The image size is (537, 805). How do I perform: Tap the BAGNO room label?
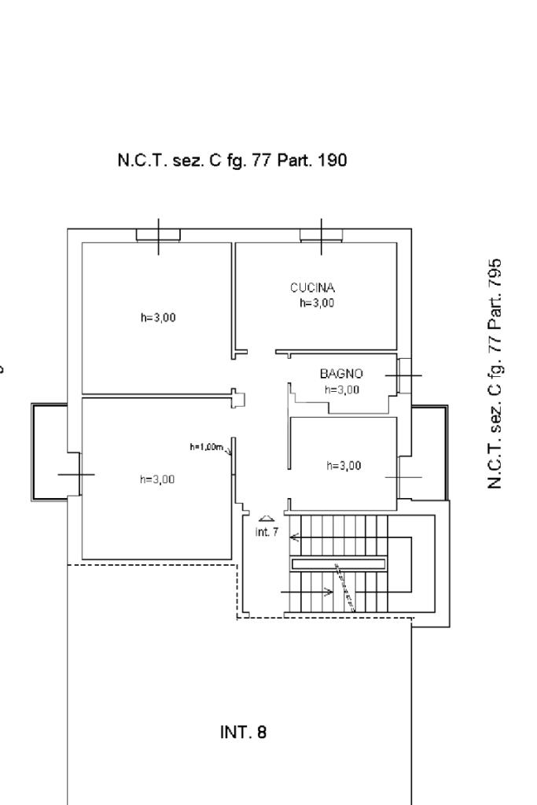tap(340, 375)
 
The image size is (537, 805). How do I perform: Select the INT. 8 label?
tap(243, 733)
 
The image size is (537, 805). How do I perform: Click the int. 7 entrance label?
tap(267, 532)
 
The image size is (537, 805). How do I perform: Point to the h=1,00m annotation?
tap(208, 448)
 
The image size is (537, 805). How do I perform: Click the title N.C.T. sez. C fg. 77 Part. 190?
tap(232, 161)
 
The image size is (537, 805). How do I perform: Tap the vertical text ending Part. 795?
tap(495, 374)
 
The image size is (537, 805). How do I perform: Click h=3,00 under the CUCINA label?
tap(317, 303)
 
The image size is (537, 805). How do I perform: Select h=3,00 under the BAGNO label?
tap(342, 390)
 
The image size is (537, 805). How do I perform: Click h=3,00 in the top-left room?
tap(158, 318)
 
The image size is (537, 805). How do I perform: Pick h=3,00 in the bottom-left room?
tap(157, 479)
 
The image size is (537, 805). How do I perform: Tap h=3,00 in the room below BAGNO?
tap(344, 465)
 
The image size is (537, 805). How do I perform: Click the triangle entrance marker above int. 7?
tap(267, 518)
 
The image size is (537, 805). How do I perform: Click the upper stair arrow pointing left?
tap(296, 538)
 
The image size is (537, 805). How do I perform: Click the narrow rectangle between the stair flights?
tap(338, 563)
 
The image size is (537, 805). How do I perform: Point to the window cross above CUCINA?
tap(321, 234)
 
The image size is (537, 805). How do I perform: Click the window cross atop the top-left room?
tap(158, 234)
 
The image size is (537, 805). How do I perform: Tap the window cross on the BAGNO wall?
tap(403, 376)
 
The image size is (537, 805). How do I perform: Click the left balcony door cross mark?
tap(76, 474)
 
